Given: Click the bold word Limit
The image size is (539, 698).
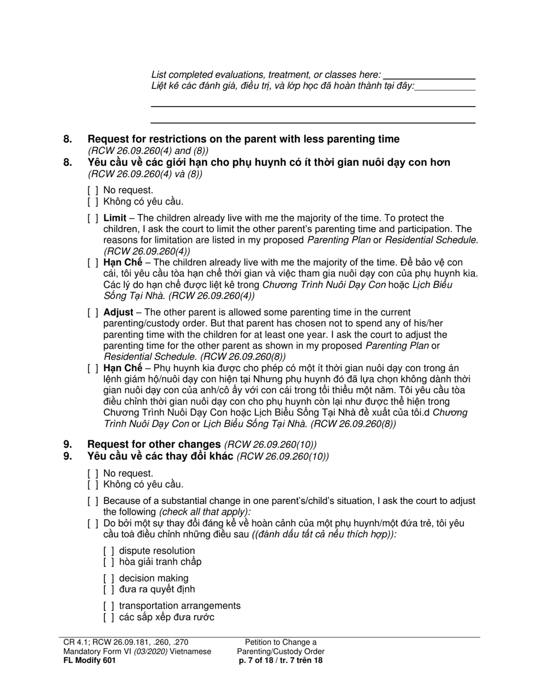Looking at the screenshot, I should point(115,218).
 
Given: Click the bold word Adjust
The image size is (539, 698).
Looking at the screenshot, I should point(118,313).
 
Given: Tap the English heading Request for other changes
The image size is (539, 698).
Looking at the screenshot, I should point(154,444).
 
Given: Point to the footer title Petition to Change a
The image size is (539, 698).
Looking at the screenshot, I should point(281,642).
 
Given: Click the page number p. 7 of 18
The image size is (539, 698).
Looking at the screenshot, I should point(260,661).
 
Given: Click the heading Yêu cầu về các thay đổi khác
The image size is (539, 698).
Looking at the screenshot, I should point(161,456).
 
